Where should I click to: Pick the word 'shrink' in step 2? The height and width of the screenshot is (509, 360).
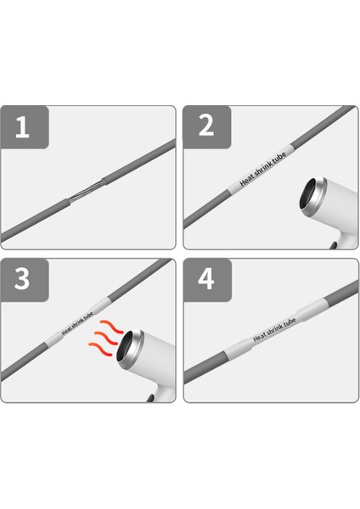click(x=260, y=176)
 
